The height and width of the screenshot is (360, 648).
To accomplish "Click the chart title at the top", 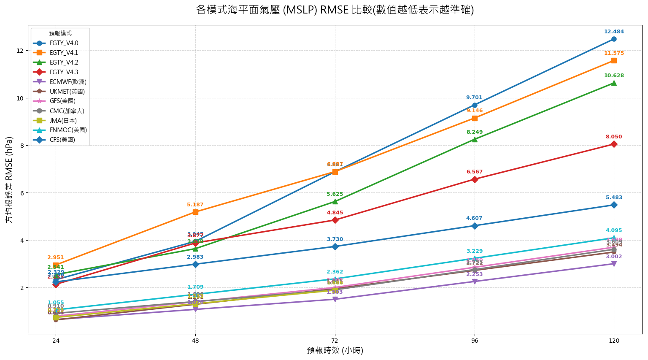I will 335,10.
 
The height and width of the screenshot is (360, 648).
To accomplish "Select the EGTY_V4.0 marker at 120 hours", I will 614,39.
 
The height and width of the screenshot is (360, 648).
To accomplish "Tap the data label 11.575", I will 614,53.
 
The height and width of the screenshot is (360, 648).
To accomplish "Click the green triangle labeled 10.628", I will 614,83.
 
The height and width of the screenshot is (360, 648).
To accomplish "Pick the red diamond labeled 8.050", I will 614,144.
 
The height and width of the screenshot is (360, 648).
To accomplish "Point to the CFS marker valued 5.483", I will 614,205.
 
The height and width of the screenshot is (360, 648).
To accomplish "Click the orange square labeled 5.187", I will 195,212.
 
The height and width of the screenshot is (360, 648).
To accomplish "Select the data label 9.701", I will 474,97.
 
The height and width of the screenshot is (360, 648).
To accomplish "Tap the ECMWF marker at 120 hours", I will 614,264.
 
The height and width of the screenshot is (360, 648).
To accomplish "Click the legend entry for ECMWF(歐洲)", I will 67,82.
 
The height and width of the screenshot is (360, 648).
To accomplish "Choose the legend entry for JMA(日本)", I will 63,120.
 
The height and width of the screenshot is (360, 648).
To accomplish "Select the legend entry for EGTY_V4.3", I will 64,72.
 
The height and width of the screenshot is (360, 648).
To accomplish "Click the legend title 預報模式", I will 60,33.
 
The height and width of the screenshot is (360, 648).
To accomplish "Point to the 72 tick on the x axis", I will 335,341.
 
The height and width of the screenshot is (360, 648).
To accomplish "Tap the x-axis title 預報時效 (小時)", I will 335,350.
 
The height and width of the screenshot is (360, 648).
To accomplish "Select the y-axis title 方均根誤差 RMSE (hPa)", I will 9,180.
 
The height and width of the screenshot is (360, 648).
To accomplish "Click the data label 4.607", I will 474,218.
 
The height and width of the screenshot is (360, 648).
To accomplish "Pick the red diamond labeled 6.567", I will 475,179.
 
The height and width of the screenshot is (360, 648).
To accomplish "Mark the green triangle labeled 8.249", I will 475,139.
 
